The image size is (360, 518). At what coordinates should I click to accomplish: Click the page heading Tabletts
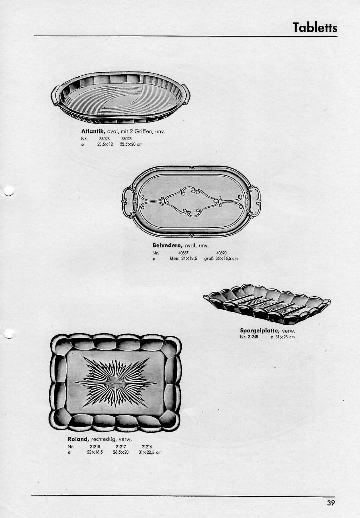pos(315,27)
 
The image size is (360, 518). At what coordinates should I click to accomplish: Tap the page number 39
pos(331,503)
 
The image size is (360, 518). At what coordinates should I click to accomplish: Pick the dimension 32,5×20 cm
pos(131,145)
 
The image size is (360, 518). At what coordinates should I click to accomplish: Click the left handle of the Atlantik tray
pos(56,94)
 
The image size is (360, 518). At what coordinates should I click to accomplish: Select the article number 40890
pos(221,253)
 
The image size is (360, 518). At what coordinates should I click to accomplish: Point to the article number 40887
pos(184,253)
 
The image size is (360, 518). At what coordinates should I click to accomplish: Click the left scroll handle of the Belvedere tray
pos(128,202)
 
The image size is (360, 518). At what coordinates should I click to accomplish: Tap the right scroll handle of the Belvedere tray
pos(255,201)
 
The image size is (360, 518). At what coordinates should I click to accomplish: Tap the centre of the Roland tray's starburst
pos(115,383)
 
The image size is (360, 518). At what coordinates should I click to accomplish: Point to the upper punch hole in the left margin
pos(9,191)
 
